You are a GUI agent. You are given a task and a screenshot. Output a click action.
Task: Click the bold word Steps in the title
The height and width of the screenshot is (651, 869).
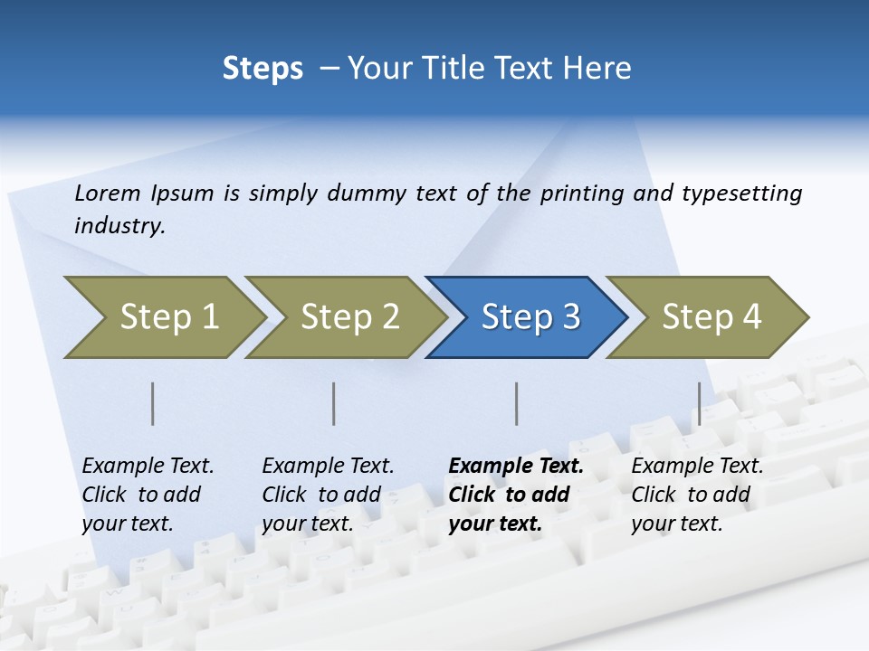263,69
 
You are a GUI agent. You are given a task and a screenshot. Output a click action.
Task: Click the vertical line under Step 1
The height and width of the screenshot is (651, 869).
153,403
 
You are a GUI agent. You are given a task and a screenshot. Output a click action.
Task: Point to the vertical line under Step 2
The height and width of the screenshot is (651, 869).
334,403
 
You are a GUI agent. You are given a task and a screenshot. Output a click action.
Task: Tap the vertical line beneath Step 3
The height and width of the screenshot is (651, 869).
517,403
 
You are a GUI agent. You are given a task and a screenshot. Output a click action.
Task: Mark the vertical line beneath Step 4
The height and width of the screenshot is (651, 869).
699,403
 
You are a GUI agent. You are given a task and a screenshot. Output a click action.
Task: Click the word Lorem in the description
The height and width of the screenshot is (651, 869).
108,193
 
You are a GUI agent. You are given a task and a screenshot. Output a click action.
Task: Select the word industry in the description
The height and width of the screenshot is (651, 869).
118,226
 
